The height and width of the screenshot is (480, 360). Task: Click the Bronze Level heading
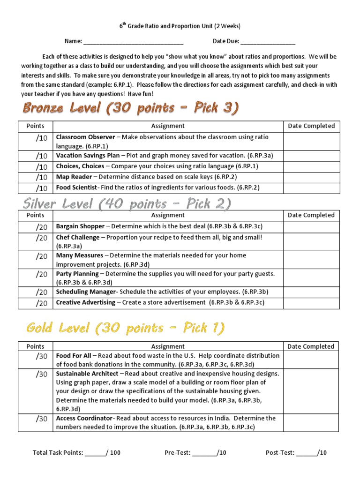click(130, 108)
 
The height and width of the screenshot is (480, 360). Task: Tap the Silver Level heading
click(127, 204)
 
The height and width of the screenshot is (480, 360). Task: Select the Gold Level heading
click(125, 328)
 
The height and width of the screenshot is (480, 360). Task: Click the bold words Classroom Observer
click(85, 137)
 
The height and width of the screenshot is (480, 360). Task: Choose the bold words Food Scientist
click(76, 187)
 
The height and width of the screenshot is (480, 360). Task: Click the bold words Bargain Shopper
click(80, 226)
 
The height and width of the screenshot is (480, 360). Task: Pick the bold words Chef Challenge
click(78, 238)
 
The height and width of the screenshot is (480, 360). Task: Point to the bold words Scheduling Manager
click(85, 292)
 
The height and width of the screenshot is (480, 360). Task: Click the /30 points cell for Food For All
click(36, 360)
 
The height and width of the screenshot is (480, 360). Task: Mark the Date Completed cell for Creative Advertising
click(311, 303)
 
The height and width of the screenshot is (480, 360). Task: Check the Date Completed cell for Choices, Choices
click(311, 166)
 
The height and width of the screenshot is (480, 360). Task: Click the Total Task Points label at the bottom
click(58, 453)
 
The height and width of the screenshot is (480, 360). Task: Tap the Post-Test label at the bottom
click(280, 453)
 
